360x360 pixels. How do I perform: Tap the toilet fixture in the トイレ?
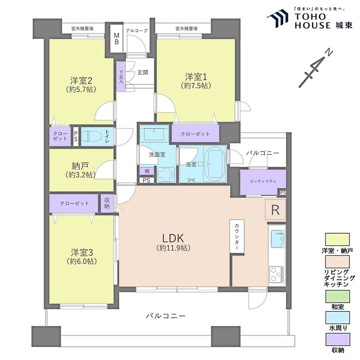[x=91, y=136]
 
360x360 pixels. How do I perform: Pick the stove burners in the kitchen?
[x=277, y=276]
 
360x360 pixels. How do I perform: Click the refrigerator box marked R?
[x=276, y=210]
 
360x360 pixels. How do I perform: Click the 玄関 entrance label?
[x=142, y=72]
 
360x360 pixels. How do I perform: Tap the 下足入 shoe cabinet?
[x=121, y=76]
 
